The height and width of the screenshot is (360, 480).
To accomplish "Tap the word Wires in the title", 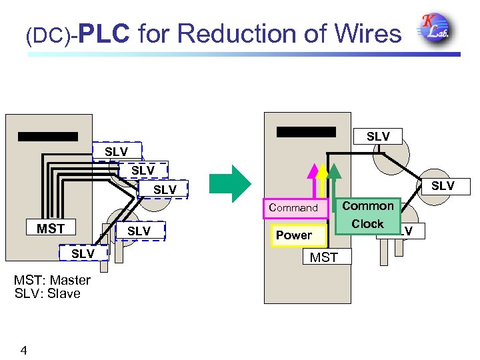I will pyautogui.click(x=363, y=33).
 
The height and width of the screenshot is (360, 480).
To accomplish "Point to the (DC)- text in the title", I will pyautogui.click(x=51, y=35).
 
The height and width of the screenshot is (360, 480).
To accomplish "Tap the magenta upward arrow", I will pyautogui.click(x=311, y=180).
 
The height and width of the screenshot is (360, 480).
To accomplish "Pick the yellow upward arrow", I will pyautogui.click(x=323, y=180).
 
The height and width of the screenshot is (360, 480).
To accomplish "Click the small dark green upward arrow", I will pyautogui.click(x=334, y=179).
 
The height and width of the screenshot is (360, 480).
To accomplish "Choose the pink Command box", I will pyautogui.click(x=294, y=208).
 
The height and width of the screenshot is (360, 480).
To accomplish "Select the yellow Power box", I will pyautogui.click(x=293, y=235).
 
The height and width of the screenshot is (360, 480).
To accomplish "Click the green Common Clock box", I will pyautogui.click(x=367, y=215).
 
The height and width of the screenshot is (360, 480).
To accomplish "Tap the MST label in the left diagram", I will pyautogui.click(x=51, y=229).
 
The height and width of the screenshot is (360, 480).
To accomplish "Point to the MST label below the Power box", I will pyautogui.click(x=325, y=257).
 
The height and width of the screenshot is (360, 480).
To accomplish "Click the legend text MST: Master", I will pyautogui.click(x=52, y=280).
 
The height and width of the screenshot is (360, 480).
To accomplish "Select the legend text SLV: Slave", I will pyautogui.click(x=47, y=293).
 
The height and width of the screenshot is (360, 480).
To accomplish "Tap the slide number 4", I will pyautogui.click(x=23, y=349).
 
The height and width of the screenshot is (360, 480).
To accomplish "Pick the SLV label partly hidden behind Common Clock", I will pyautogui.click(x=406, y=231).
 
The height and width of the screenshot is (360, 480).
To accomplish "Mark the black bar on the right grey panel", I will pyautogui.click(x=306, y=131).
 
